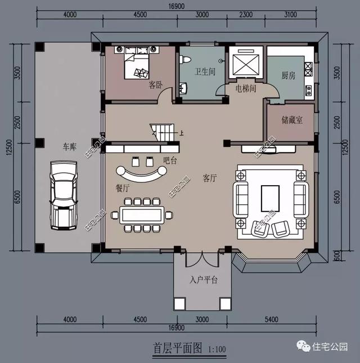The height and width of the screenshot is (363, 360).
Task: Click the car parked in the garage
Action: point(63,194)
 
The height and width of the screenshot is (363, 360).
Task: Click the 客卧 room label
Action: point(155,85)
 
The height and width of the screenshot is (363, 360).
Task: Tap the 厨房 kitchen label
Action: point(289,75)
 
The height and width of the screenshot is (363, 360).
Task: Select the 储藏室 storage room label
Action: point(292,120)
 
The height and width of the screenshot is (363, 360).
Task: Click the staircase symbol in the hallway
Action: point(161,132)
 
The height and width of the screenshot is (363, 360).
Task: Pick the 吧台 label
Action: point(170,161)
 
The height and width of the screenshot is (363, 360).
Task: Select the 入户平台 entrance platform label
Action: point(203,279)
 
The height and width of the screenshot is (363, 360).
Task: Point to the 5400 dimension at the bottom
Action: point(272,320)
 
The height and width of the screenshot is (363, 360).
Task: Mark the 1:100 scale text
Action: point(216,349)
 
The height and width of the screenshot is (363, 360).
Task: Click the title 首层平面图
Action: point(177,348)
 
